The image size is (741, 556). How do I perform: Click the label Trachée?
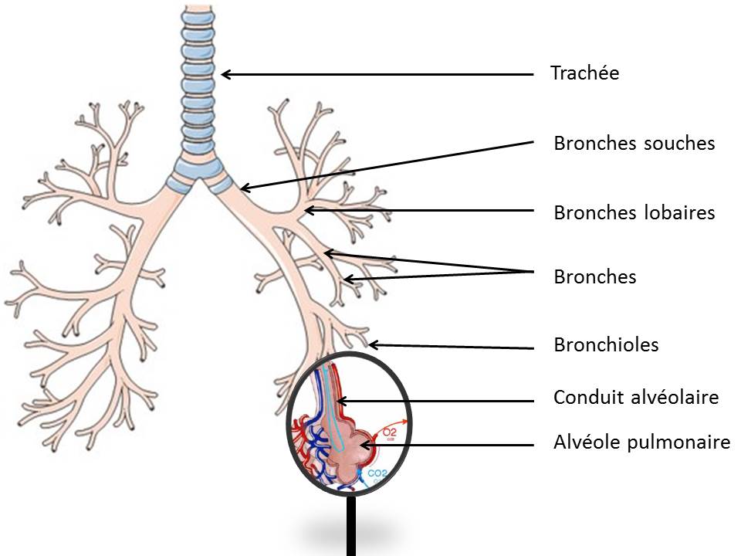point(584,73)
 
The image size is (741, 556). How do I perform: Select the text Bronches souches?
point(634,143)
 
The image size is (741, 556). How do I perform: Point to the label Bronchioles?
point(606,344)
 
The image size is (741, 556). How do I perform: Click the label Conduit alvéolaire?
point(636,398)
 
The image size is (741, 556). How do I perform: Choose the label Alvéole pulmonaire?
point(641,442)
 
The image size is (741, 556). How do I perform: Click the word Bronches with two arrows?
point(594,276)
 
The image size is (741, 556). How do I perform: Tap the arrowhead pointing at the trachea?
point(225,74)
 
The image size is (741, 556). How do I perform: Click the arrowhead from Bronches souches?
point(243,188)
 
